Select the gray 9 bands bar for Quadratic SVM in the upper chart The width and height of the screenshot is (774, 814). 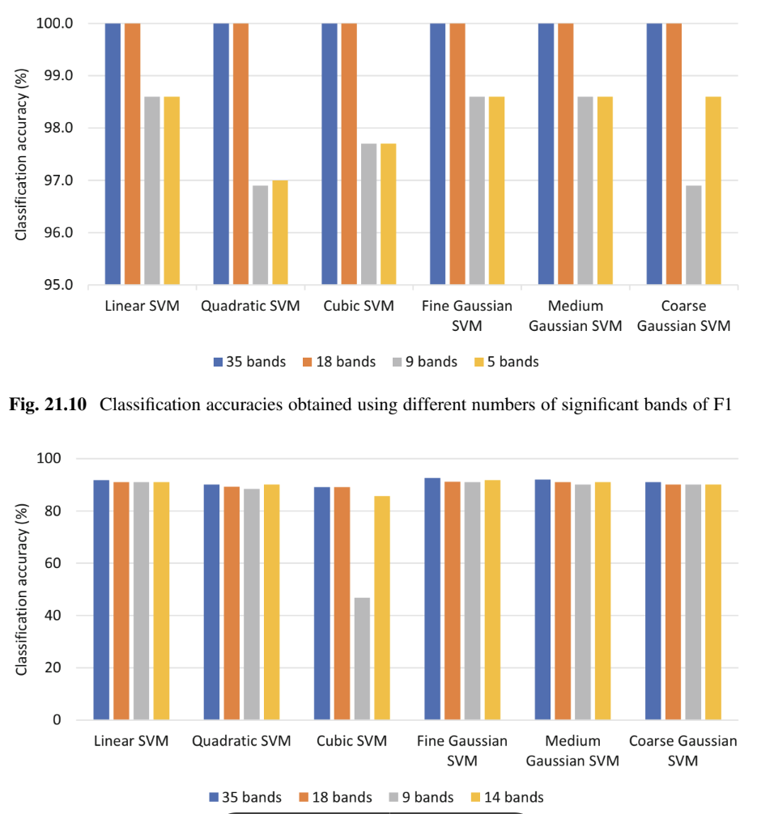pos(260,235)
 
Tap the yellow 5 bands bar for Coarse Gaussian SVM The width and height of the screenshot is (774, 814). pos(713,190)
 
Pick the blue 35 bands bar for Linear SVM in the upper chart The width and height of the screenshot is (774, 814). pos(113,154)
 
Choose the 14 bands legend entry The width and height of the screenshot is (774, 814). pos(507,797)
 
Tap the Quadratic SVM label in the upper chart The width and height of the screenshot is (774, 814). pos(250,306)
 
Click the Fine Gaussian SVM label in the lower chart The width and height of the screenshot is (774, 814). pos(462,750)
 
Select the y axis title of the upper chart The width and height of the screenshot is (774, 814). pos(23,154)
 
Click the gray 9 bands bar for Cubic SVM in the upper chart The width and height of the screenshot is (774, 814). pos(368,214)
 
